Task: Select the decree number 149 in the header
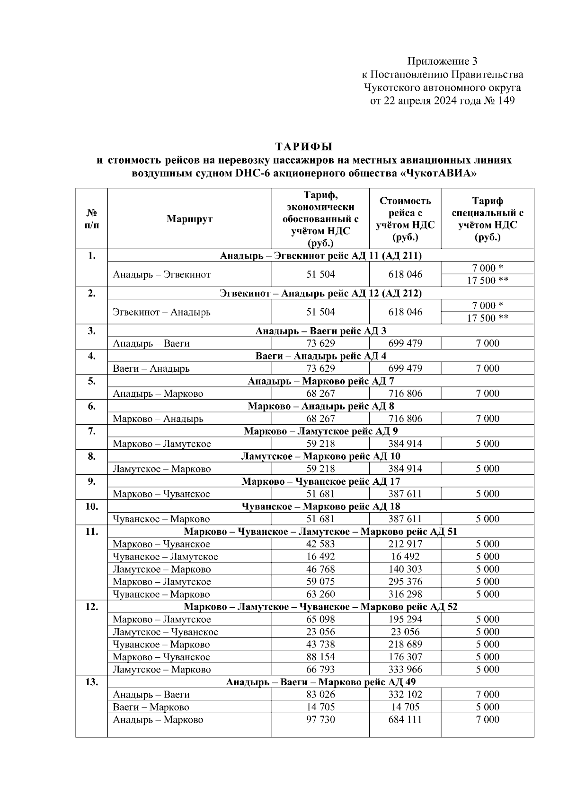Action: click(505, 101)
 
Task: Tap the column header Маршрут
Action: click(189, 219)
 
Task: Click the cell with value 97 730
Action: click(320, 720)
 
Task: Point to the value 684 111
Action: click(405, 720)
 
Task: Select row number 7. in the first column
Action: click(91, 431)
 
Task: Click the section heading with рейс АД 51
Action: click(320, 532)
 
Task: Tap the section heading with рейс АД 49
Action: click(320, 682)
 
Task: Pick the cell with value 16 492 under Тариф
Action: click(320, 557)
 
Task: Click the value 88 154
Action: click(320, 657)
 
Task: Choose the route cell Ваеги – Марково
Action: click(151, 707)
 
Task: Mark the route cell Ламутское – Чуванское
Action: click(165, 632)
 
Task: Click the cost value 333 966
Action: click(405, 670)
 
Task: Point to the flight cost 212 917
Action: click(405, 544)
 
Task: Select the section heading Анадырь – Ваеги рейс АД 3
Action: click(320, 331)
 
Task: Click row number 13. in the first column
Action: click(91, 682)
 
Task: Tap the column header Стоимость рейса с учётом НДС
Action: click(405, 219)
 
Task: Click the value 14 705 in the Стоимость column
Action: click(405, 707)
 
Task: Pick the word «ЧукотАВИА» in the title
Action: click(438, 173)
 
